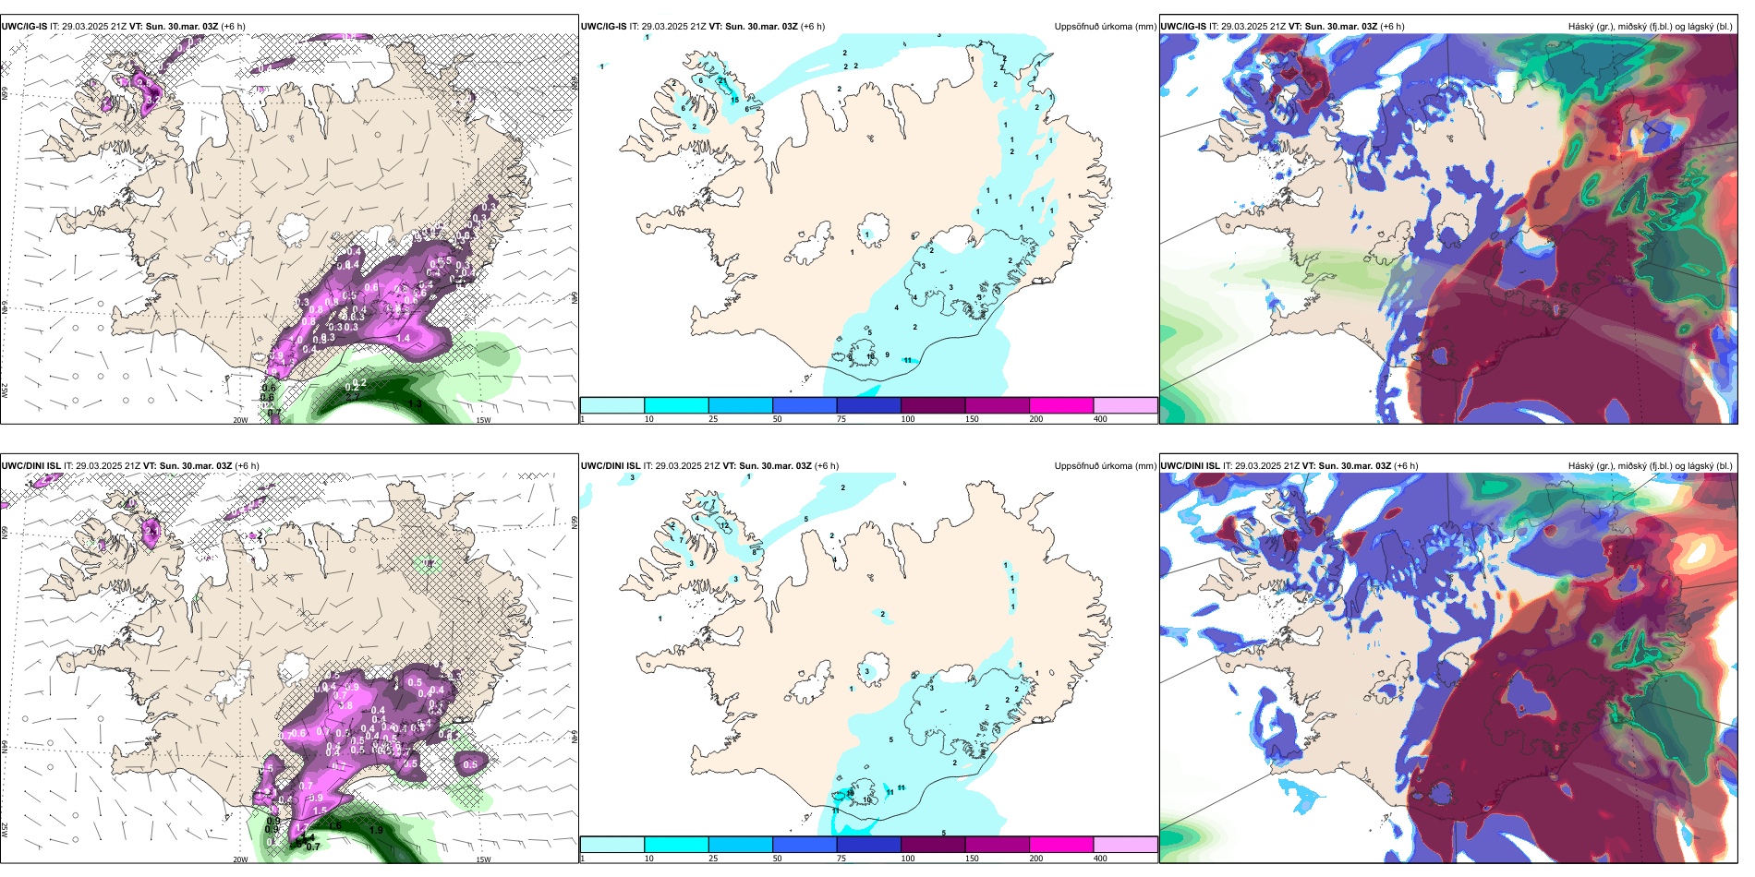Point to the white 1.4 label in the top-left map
404,339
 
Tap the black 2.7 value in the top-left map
274,412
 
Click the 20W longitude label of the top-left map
240,420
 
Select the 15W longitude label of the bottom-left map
483,859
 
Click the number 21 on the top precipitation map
723,81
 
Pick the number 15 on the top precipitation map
735,100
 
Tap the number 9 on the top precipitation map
888,355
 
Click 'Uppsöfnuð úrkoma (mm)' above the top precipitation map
1105,27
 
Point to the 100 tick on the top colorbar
908,419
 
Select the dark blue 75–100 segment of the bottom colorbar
868,845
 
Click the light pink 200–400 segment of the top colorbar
1125,405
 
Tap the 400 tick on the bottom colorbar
1100,859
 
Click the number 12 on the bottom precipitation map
726,525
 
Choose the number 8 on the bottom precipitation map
754,552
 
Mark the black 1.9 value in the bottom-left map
376,830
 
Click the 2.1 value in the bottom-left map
151,531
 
